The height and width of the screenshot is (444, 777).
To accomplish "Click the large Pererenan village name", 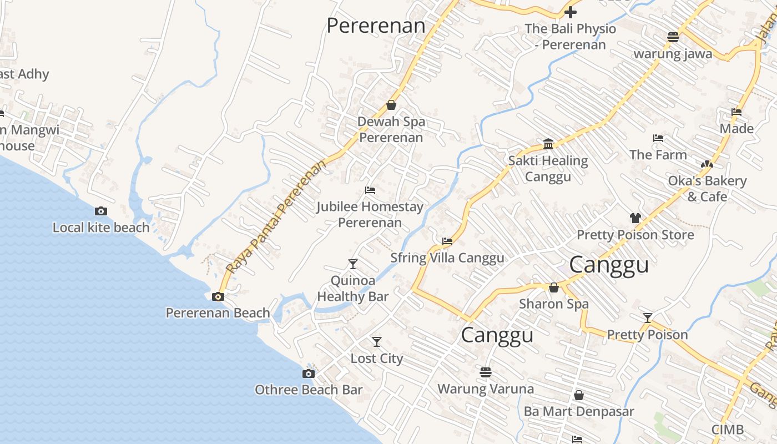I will [x=376, y=26].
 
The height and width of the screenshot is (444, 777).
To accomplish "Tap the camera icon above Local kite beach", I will [x=101, y=211].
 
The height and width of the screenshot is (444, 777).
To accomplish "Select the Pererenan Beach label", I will [x=218, y=313].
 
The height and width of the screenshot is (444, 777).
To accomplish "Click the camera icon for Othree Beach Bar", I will [x=309, y=374].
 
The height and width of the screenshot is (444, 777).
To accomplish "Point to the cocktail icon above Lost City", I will [x=377, y=342].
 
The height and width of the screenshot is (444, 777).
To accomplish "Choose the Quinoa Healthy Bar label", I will [x=353, y=289].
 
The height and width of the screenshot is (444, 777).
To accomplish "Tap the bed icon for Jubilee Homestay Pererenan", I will [x=370, y=190].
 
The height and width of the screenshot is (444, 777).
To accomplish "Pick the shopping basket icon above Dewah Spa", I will [x=391, y=105].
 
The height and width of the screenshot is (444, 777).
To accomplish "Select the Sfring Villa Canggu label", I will [x=447, y=258].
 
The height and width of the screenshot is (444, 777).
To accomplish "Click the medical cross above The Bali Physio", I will [x=571, y=12].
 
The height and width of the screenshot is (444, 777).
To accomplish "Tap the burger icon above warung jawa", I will [x=673, y=37].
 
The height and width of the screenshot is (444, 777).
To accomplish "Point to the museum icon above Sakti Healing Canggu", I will [x=548, y=144].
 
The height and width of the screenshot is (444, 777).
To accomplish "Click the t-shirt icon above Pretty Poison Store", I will [x=635, y=218].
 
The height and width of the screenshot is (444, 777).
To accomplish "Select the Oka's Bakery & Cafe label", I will [x=707, y=189].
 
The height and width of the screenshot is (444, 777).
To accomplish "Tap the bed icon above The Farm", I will [x=658, y=138].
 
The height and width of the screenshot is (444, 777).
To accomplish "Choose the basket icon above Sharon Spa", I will [x=553, y=287].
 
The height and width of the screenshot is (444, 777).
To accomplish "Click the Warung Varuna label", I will [x=486, y=389].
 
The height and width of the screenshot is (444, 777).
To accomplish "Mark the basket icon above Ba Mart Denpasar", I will [x=579, y=395].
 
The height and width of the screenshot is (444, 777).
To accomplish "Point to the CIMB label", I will [x=728, y=430].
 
